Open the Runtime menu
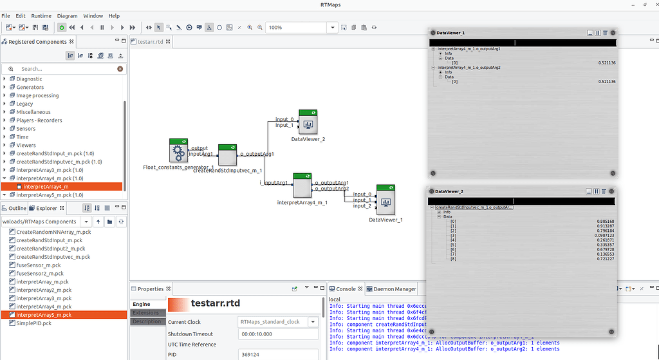(41, 15)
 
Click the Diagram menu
(67, 15)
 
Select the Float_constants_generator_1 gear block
(178, 151)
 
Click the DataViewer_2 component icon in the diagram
(308, 122)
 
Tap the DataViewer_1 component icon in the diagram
(385, 202)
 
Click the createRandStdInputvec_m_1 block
(228, 155)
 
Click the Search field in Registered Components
(64, 69)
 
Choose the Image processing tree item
(37, 95)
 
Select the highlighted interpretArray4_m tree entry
(42, 187)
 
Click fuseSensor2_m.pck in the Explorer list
(41, 274)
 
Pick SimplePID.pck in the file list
(33, 323)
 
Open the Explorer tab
(46, 208)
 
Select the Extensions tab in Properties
(147, 313)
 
